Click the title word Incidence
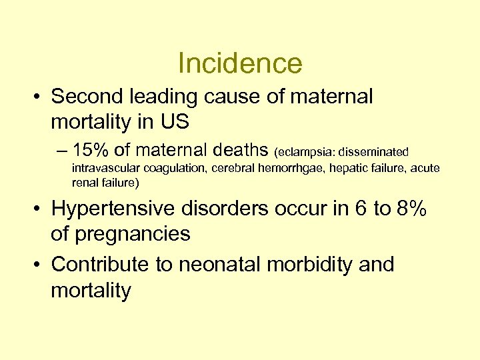(240, 63)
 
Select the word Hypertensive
(114, 209)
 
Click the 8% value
(411, 209)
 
